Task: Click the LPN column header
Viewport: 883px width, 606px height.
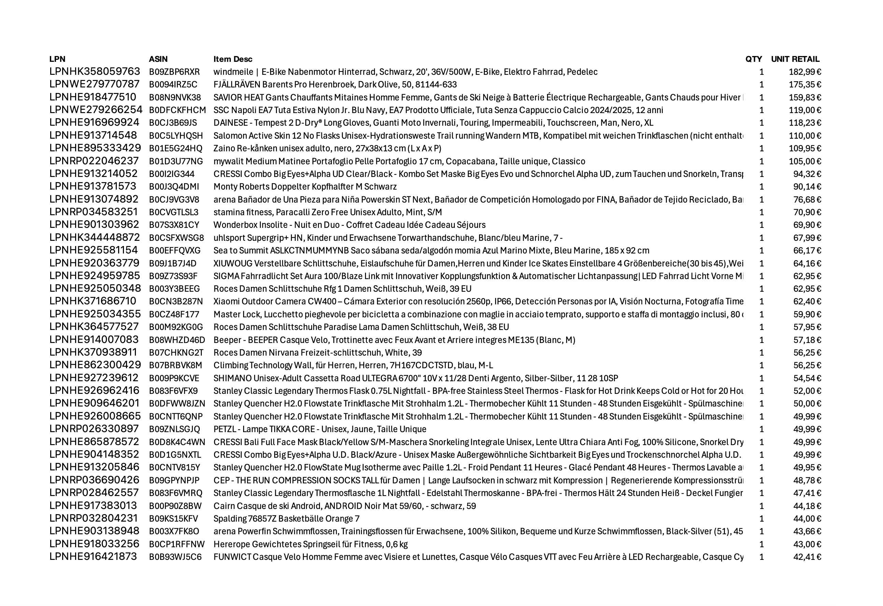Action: [x=57, y=59]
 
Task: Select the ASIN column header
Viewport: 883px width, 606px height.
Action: [x=158, y=59]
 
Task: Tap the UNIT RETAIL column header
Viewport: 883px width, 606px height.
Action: [x=795, y=59]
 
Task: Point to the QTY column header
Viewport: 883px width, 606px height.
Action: [x=754, y=59]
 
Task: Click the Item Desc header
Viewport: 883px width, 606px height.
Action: [x=233, y=59]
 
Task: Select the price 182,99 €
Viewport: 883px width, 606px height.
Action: [x=805, y=72]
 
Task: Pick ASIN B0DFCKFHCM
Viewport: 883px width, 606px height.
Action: [x=177, y=110]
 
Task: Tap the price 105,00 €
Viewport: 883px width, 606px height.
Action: [x=805, y=161]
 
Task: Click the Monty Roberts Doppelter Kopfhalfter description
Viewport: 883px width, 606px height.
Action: [x=305, y=187]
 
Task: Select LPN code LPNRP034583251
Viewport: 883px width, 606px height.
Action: [x=94, y=212]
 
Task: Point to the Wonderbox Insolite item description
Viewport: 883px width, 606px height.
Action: [x=349, y=225]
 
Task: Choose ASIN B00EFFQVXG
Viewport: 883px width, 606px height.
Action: [x=174, y=250]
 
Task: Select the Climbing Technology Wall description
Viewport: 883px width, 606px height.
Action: [x=353, y=366]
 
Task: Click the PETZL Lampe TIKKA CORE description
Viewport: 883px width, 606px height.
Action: [x=320, y=429]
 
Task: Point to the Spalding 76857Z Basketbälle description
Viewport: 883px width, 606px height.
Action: [x=286, y=519]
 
